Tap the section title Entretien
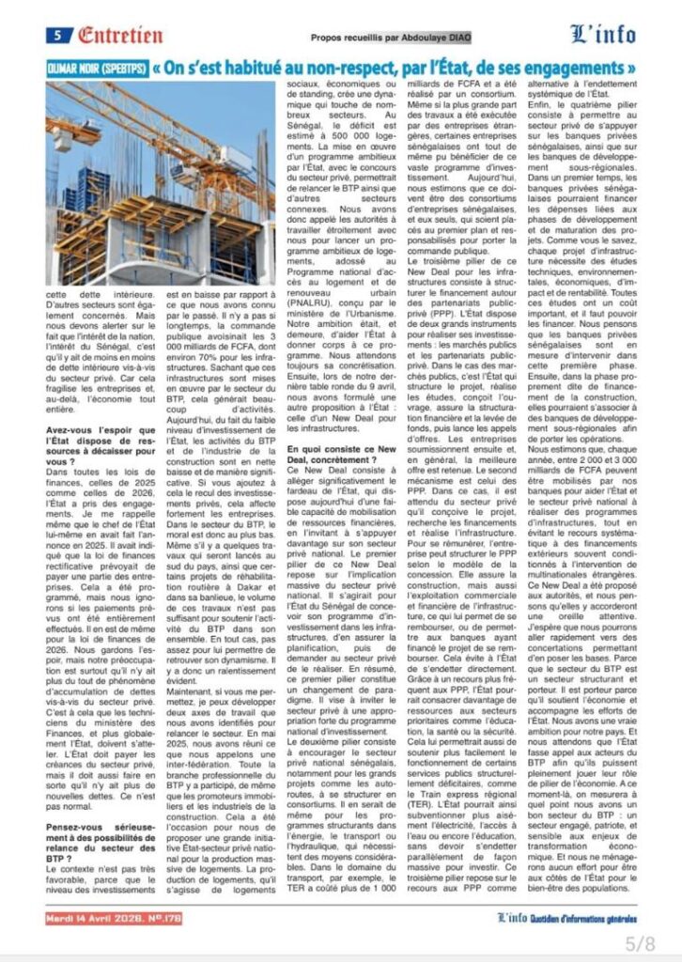coord(120,36)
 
